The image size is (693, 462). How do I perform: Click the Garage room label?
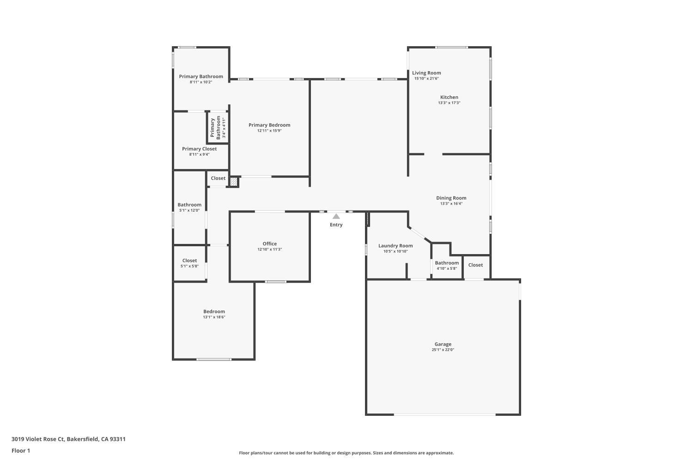tap(443, 344)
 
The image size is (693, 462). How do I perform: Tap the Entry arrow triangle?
tap(336, 216)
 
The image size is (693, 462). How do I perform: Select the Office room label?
tap(270, 243)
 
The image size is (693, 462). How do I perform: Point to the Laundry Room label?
tap(395, 246)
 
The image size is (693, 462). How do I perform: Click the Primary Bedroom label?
tap(269, 125)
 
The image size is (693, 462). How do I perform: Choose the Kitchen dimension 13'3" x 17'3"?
tap(449, 103)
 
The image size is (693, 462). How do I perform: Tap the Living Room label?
tap(426, 73)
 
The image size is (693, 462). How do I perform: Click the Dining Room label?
tap(451, 198)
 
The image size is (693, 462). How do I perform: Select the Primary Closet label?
tap(199, 149)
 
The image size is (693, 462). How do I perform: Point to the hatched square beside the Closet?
tap(234, 182)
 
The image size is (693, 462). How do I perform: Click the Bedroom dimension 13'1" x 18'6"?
tap(214, 317)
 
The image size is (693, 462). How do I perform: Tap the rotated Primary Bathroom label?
tap(215, 128)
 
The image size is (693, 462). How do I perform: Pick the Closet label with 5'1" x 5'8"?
tap(189, 261)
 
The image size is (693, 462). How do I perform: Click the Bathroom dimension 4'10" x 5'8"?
tap(447, 268)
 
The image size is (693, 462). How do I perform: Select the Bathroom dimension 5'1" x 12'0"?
tap(189, 211)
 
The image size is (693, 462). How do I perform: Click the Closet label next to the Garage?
tap(475, 265)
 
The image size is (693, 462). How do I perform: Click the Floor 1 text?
tap(21, 450)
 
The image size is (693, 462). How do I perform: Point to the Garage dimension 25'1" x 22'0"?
tap(443, 350)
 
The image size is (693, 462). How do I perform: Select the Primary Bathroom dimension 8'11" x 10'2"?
tap(201, 82)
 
